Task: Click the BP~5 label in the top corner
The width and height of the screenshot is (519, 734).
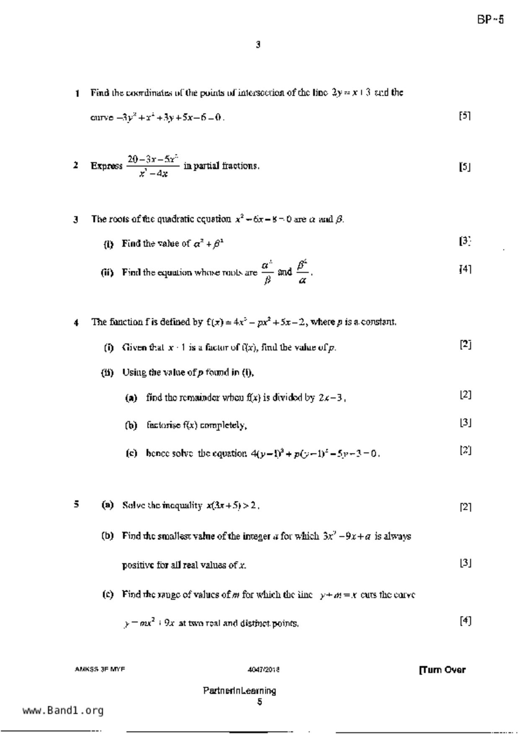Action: (490, 20)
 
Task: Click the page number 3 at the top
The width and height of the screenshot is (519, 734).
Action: (258, 44)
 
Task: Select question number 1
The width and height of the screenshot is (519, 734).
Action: (77, 93)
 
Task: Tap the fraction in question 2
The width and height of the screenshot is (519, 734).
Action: (153, 166)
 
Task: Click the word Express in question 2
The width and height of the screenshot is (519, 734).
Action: (106, 166)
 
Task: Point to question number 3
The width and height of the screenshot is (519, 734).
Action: (76, 220)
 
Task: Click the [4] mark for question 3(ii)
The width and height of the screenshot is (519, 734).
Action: (465, 269)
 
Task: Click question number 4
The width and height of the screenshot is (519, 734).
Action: (76, 323)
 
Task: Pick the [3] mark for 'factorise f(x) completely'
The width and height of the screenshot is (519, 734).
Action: (465, 423)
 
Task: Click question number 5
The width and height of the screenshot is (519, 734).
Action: (76, 504)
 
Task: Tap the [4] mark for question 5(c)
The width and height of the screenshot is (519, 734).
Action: (465, 621)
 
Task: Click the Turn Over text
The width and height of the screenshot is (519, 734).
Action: (442, 670)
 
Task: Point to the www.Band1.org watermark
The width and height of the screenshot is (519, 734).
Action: (63, 710)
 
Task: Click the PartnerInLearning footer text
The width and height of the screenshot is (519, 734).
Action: (240, 690)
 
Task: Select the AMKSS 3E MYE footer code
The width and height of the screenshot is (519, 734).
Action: (100, 669)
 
